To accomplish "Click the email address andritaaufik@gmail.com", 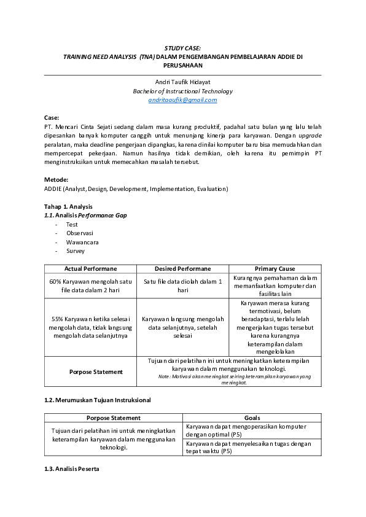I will click(182, 99).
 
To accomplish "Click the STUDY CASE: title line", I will click(182, 47).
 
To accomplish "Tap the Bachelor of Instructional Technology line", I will click(182, 91).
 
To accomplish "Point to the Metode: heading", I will click(57, 180).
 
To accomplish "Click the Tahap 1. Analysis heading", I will click(68, 206).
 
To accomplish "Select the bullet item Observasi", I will click(80, 233).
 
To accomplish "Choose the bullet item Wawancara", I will click(82, 242).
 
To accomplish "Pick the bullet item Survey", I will click(76, 251).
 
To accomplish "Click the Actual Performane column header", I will click(90, 269).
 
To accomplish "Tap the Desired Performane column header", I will click(182, 269).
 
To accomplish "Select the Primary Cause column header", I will click(274, 269).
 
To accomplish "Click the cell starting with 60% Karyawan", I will click(90, 286).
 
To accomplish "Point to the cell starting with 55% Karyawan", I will click(90, 327).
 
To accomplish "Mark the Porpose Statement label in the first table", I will click(95, 371).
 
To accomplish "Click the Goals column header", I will click(252, 418).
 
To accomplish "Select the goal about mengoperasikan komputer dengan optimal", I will click(246, 430).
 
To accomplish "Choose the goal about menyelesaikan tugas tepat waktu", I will click(246, 447).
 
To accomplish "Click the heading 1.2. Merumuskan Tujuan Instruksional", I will click(97, 400).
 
